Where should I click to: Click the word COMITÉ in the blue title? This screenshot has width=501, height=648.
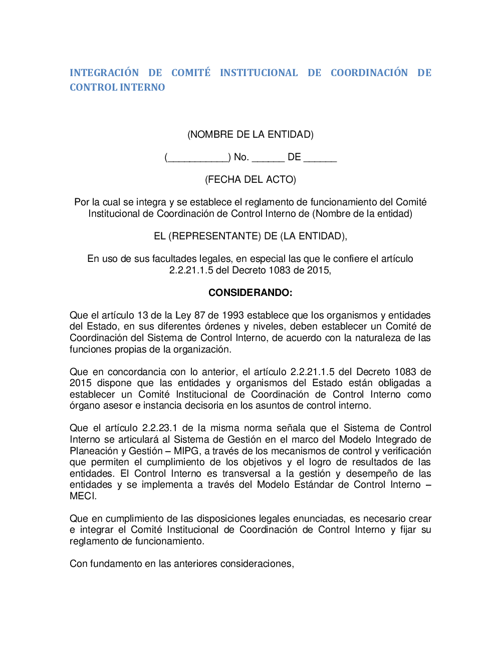click(x=191, y=73)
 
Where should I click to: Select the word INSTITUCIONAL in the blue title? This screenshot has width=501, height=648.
click(x=259, y=73)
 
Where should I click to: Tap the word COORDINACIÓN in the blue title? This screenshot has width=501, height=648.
click(x=369, y=73)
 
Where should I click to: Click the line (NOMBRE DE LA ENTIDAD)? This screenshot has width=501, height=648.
click(x=250, y=134)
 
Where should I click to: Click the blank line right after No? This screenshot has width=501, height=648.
click(x=268, y=158)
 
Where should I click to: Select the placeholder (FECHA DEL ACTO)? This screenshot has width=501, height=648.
click(x=250, y=179)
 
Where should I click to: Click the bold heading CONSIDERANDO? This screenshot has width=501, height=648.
click(x=250, y=292)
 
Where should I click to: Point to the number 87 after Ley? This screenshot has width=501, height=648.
click(x=200, y=315)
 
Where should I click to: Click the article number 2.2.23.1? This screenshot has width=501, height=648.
click(x=160, y=428)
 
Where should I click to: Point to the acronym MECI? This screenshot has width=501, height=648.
click(x=83, y=496)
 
